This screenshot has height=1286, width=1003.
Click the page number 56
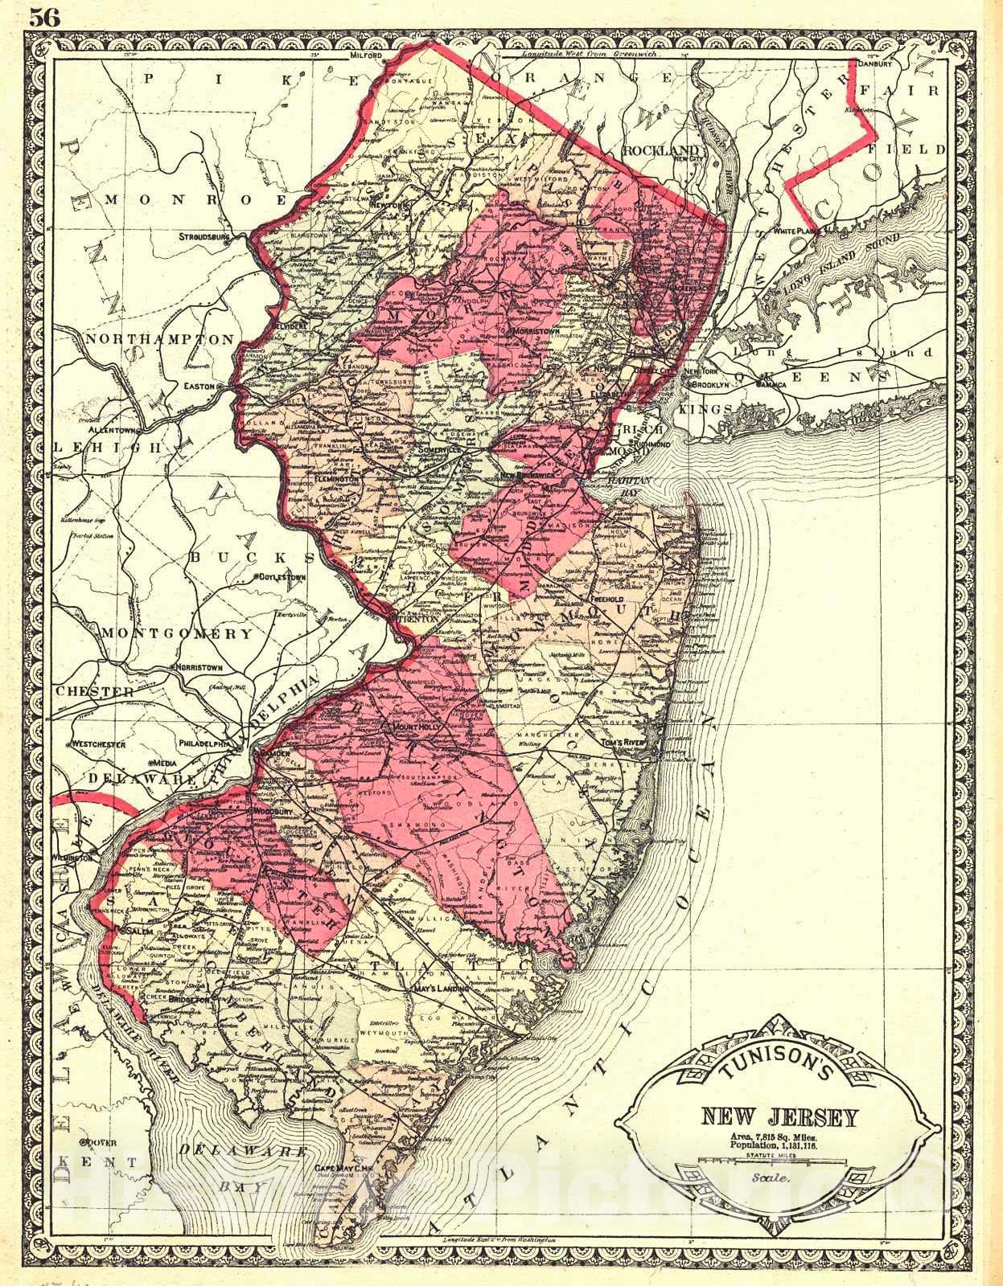[x=46, y=18]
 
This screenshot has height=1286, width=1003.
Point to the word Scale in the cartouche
[x=769, y=1177]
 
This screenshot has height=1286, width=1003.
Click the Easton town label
[x=199, y=386]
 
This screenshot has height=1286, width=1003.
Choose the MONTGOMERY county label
[x=177, y=633]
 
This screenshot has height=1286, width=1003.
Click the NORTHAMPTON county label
[x=159, y=340]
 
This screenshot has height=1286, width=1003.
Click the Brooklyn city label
[x=705, y=386]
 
